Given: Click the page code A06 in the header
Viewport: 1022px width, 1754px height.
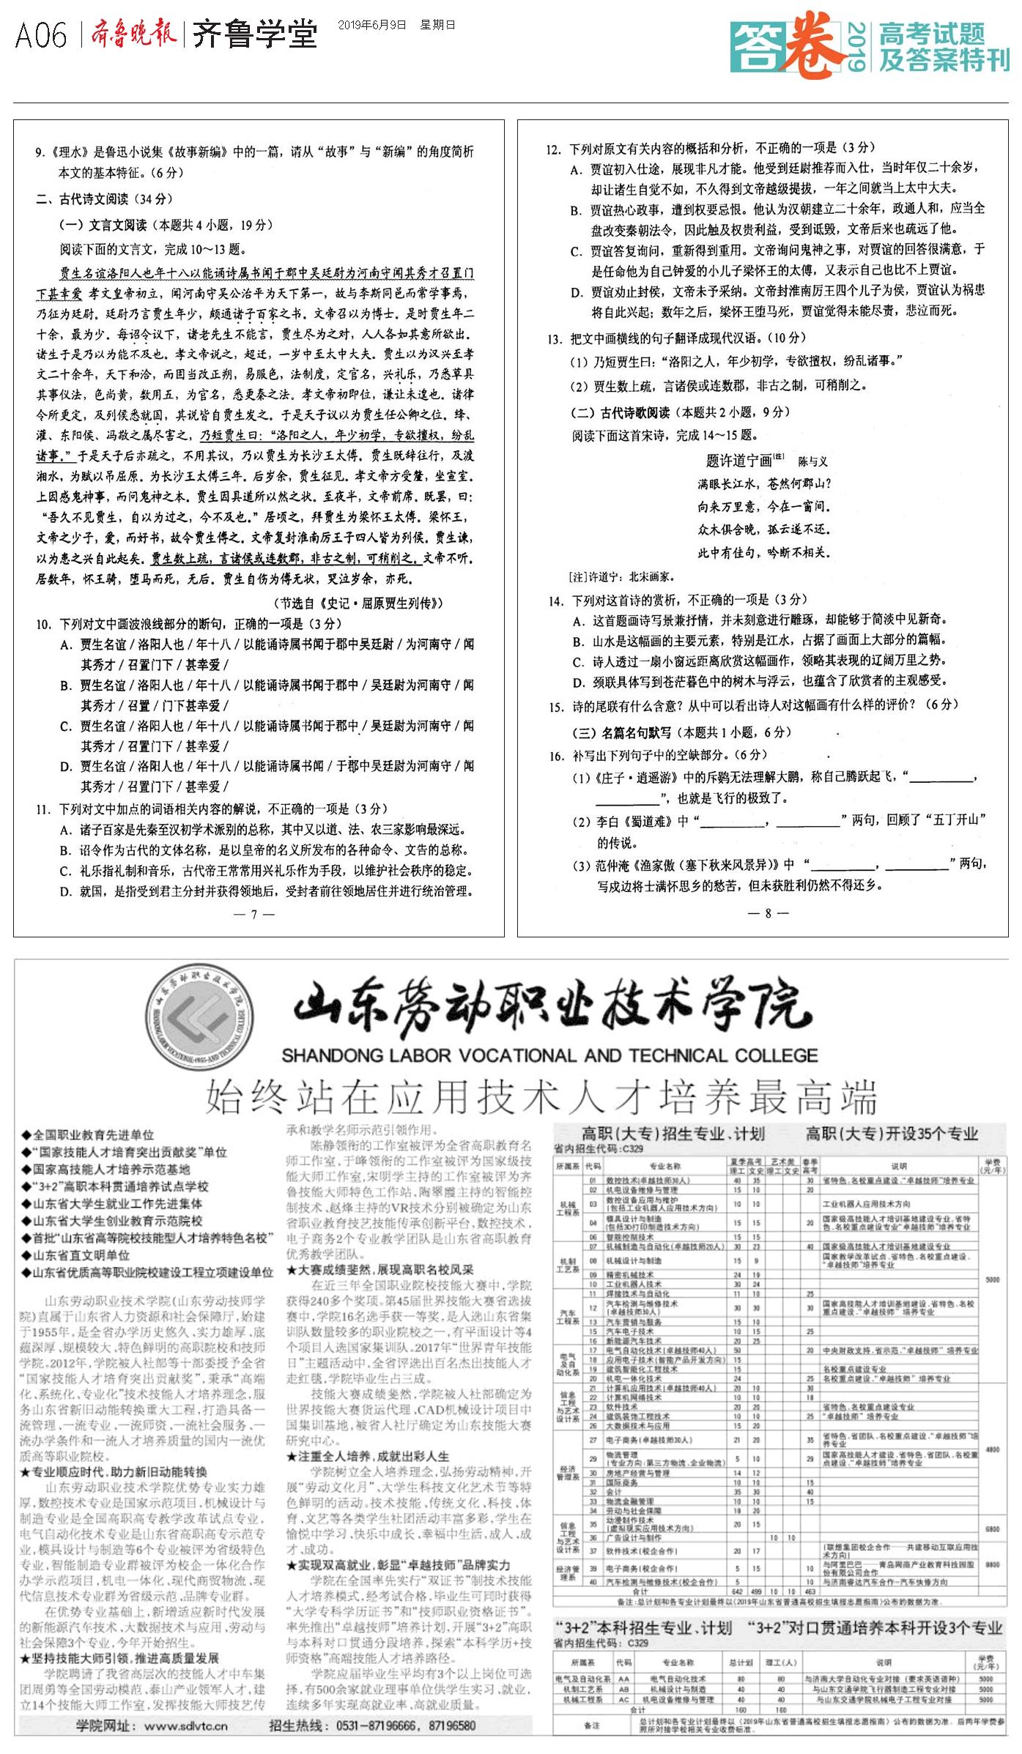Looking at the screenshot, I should tap(41, 35).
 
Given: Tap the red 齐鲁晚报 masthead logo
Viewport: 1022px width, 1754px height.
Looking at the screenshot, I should tap(134, 34).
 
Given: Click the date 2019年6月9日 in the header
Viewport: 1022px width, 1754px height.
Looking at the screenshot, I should tap(371, 25).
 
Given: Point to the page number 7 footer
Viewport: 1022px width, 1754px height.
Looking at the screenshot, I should tap(253, 914).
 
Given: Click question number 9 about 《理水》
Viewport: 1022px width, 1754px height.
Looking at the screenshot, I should tap(40, 152).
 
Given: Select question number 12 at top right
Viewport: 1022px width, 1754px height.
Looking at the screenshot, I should tap(553, 149).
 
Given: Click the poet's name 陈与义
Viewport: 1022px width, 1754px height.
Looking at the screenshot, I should tap(812, 461).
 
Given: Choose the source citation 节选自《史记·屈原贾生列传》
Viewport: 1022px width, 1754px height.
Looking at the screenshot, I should tap(358, 603).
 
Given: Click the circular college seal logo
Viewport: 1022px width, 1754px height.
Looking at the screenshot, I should tap(199, 1019).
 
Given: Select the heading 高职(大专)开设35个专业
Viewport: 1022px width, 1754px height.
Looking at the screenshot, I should tap(892, 1134).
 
